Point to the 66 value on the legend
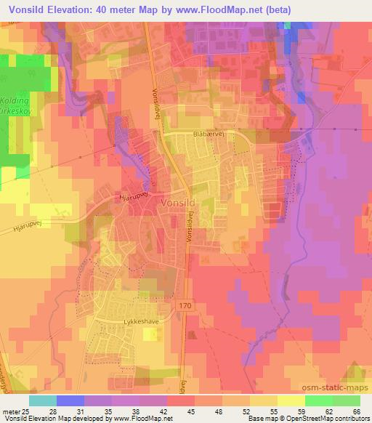click(357, 411)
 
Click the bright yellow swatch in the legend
click(291, 400)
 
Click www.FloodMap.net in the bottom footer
click(142, 419)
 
